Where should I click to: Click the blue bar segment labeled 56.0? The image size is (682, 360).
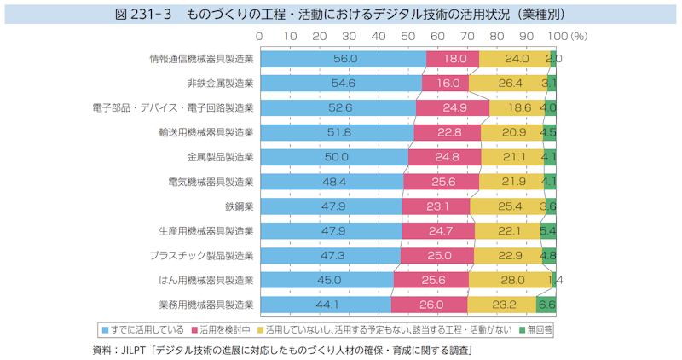344,59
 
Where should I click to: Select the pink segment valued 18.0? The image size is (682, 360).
453,59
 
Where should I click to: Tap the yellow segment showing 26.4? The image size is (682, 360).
506,84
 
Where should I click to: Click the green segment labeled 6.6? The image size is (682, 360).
546,304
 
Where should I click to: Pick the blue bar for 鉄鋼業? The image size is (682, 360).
331,206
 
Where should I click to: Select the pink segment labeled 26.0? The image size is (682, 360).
429,304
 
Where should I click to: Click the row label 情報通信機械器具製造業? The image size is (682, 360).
201,59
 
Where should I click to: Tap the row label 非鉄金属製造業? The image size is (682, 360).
220,84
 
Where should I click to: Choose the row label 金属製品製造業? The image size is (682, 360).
220,157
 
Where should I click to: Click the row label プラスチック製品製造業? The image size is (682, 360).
201,255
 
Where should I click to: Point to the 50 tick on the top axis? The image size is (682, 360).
408,37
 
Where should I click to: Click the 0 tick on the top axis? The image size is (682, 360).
259,37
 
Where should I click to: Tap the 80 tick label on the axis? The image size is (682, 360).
498,37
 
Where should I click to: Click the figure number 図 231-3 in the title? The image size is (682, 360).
156,15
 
